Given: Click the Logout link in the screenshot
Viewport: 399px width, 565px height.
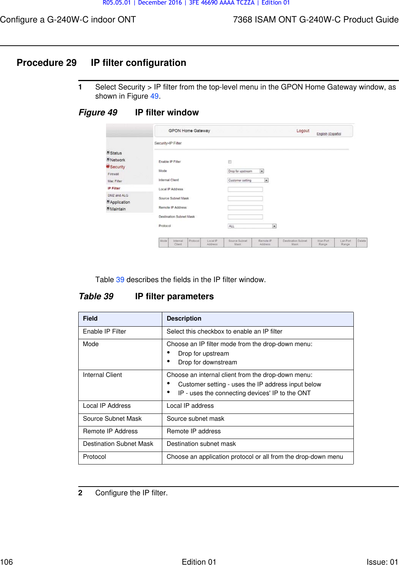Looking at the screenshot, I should coord(303,131).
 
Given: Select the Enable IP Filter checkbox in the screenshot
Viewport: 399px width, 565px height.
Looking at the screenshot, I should coord(230,162).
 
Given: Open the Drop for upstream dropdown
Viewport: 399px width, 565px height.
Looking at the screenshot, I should coord(245,171).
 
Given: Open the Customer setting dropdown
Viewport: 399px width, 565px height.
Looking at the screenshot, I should coord(248,180).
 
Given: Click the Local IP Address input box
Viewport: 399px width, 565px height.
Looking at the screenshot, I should coord(245,189).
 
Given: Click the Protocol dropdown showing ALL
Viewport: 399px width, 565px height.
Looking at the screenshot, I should coord(252,226).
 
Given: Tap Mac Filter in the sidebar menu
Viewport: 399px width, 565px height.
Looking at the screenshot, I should coord(115,181).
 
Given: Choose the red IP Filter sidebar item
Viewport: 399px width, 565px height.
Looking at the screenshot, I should coord(114,188).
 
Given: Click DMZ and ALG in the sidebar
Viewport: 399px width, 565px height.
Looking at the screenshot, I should coord(118,195).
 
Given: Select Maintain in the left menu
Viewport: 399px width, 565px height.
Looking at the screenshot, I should coord(118,209).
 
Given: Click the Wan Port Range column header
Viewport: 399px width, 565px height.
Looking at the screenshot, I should coord(323,243).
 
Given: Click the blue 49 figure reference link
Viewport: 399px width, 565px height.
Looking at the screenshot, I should coord(154,96).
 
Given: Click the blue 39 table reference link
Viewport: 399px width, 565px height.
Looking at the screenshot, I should coord(120,280).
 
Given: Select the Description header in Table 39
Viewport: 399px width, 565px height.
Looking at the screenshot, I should coord(184,319).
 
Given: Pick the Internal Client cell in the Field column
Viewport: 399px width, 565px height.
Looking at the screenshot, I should coord(103,375).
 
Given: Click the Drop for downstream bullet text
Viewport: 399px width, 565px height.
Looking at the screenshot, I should coord(207,362).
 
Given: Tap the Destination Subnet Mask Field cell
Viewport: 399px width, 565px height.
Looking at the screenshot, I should coord(118,444).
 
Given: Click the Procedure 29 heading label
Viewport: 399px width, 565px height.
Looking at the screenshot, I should coord(47,63).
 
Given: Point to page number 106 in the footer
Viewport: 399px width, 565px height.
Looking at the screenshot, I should coord(6,562).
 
